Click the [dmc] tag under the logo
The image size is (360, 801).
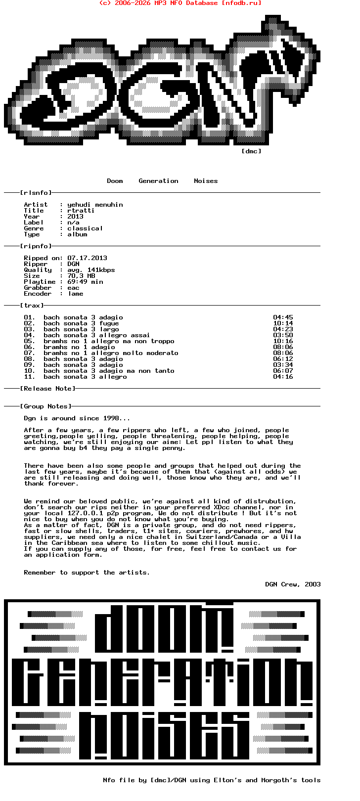pyautogui.click(x=251, y=151)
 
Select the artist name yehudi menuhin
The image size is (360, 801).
pyautogui.click(x=95, y=205)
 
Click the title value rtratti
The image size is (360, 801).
pyautogui.click(x=81, y=211)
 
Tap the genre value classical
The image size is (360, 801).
pyautogui.click(x=85, y=228)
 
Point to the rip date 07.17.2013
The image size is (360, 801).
pyautogui.click(x=87, y=258)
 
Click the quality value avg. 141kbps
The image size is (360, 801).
pyautogui.click(x=91, y=270)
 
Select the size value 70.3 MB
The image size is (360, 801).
pyautogui.click(x=81, y=276)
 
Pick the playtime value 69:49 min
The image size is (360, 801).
pyautogui.click(x=85, y=282)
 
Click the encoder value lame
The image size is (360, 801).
pyautogui.click(x=75, y=294)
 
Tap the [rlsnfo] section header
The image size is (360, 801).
pyautogui.click(x=36, y=193)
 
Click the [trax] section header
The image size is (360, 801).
pyautogui.click(x=32, y=306)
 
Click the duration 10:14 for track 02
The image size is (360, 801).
pyautogui.click(x=283, y=323)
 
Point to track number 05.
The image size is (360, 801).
pyautogui.click(x=29, y=341)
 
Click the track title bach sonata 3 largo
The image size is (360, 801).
pyautogui.click(x=81, y=329)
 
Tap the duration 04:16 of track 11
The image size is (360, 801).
pyautogui.click(x=283, y=377)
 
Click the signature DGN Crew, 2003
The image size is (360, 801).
pyautogui.click(x=293, y=584)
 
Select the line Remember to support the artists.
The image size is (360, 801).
pyautogui.click(x=87, y=573)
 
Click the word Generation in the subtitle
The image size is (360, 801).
pyautogui.click(x=158, y=181)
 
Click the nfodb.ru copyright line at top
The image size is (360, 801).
pyautogui.click(x=180, y=3)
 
